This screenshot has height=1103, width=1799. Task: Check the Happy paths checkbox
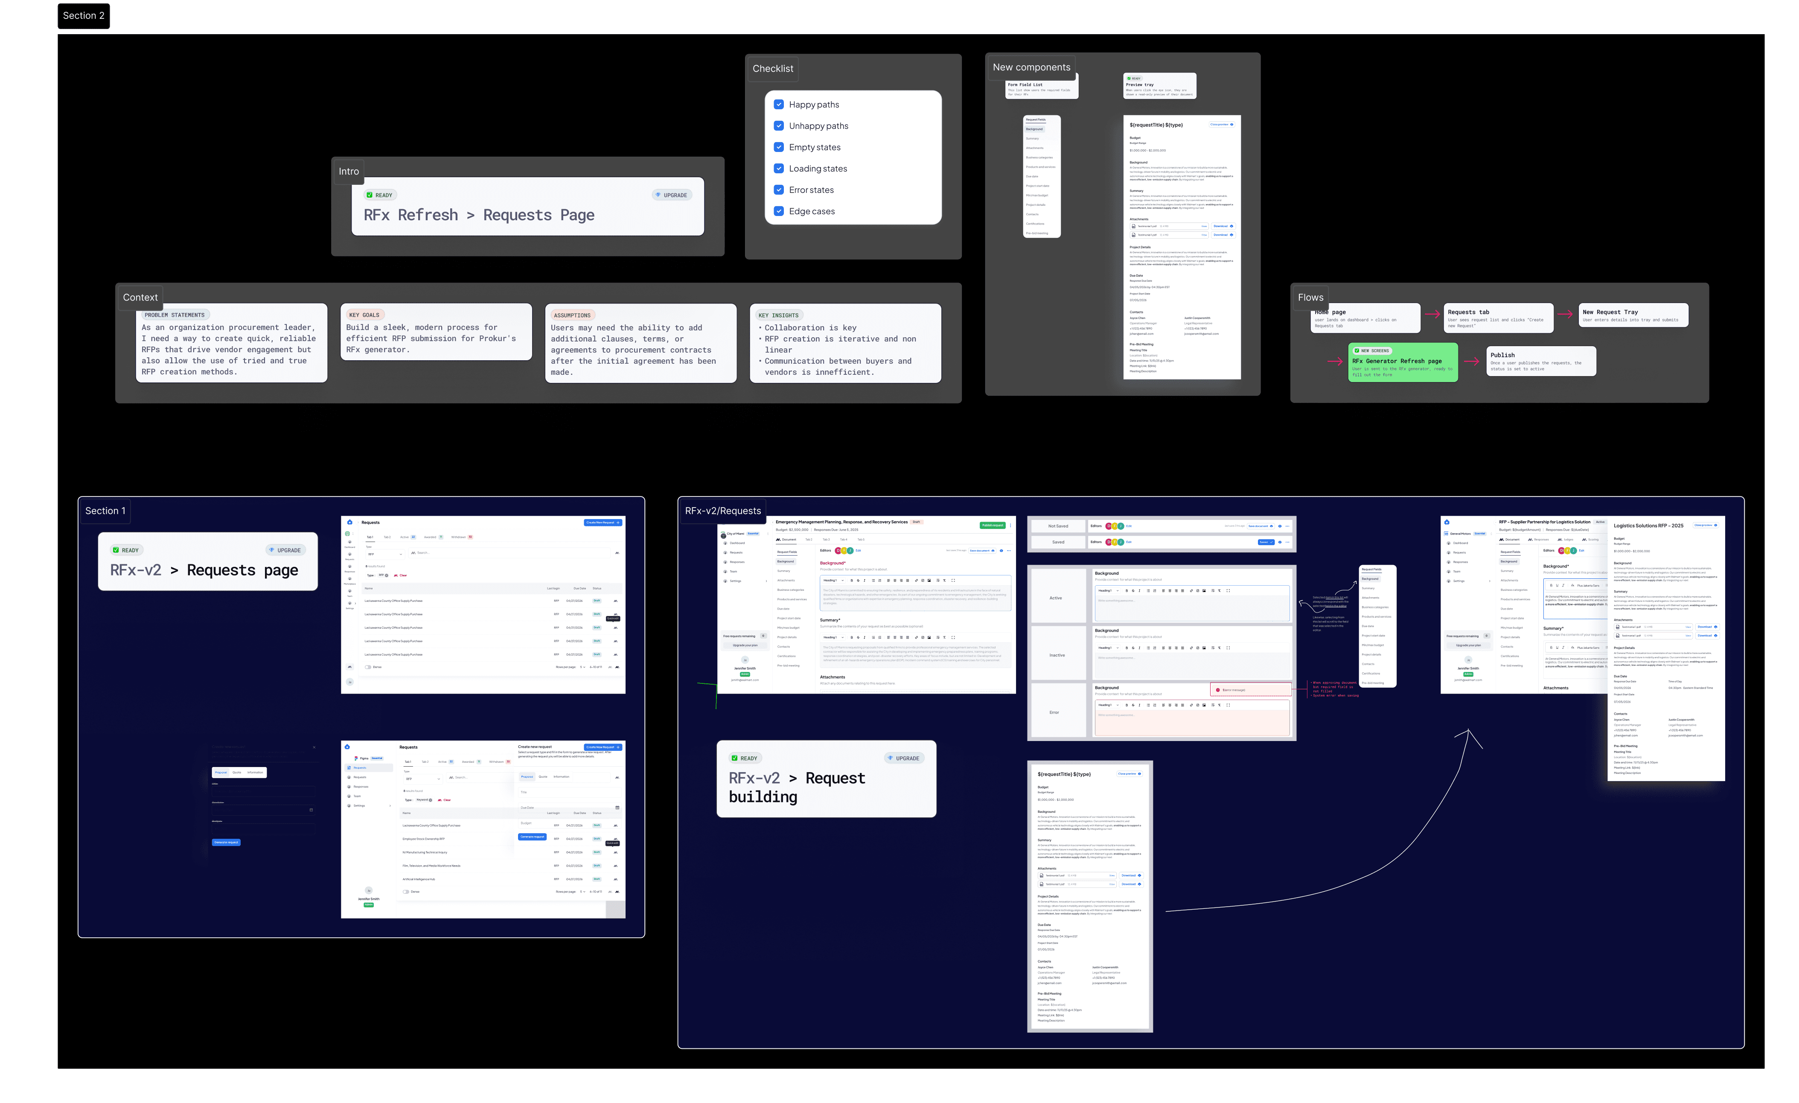click(x=779, y=105)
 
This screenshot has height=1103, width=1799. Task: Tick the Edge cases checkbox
click(x=779, y=211)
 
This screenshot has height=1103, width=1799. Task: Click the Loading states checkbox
click(x=779, y=169)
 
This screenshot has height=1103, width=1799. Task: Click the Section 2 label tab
click(x=83, y=15)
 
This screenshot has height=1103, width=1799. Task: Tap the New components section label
click(x=1031, y=67)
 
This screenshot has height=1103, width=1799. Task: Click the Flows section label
click(x=1310, y=297)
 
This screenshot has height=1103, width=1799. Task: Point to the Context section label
click(x=140, y=297)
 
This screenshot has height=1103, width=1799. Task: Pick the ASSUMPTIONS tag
click(x=572, y=315)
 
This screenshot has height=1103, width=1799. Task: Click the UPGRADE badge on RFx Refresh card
click(x=671, y=195)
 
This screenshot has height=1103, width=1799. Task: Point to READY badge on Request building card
click(x=744, y=758)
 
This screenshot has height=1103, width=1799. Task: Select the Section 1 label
click(x=105, y=511)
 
